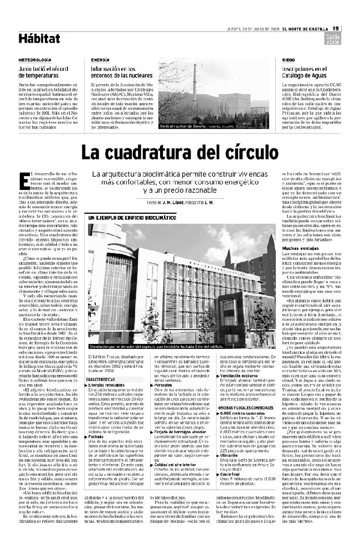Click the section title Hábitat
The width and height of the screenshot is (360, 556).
coord(39,38)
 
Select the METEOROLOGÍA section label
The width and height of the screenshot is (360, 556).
coord(35,59)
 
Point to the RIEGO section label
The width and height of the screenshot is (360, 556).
coord(288,59)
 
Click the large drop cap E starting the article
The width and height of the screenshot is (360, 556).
coord(23,178)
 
